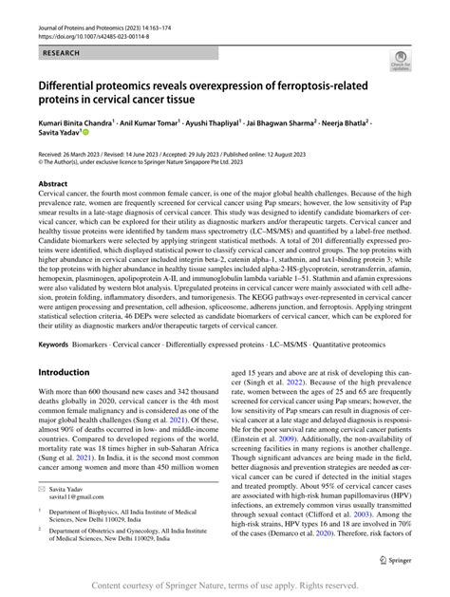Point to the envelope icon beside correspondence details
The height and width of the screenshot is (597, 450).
[42, 511]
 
